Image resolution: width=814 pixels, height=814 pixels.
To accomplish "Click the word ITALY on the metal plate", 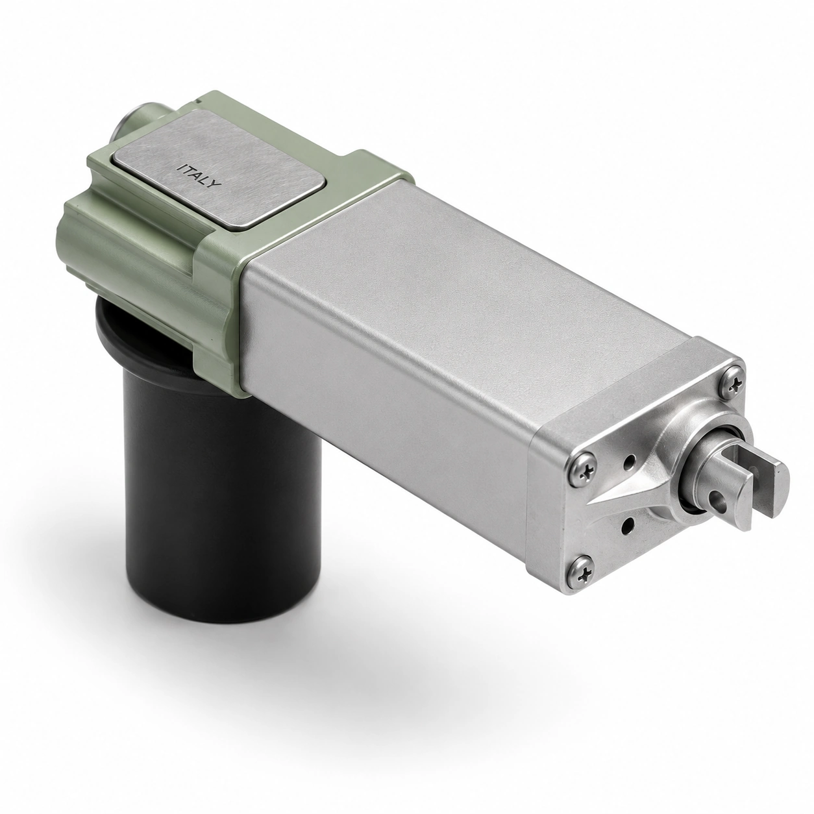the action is (x=199, y=175).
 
